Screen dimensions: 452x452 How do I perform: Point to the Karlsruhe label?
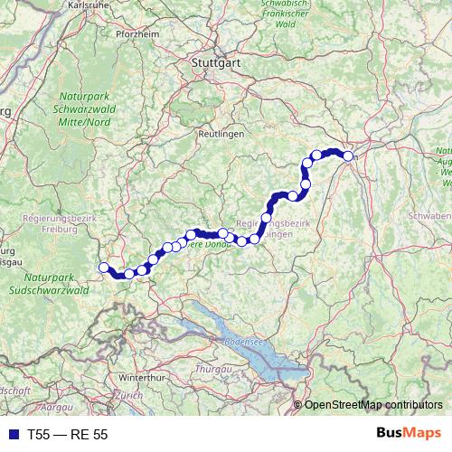[x=89, y=4]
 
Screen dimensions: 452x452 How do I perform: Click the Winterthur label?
[x=139, y=376]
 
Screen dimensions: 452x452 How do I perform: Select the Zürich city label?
[x=129, y=396]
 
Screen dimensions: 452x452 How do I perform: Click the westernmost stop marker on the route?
[x=103, y=267]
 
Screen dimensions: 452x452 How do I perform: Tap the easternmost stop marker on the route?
[x=348, y=156]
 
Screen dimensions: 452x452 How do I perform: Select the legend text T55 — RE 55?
[x=68, y=435]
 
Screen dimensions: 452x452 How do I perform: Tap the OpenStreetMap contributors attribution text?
[x=374, y=404]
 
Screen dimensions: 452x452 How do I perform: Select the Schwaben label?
[x=429, y=217]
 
